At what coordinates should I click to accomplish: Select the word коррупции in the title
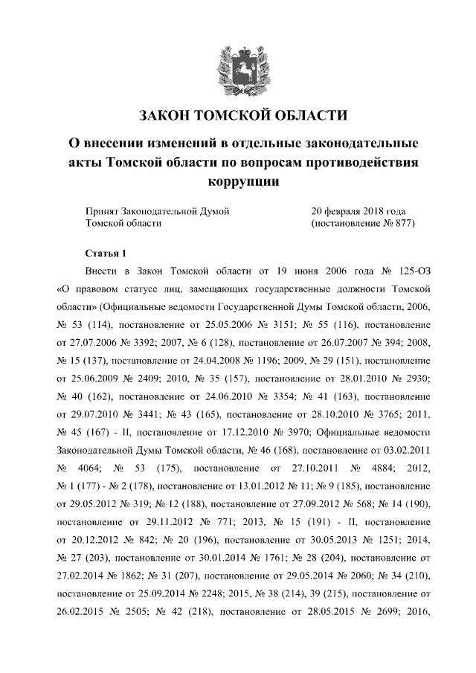coord(237,181)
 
